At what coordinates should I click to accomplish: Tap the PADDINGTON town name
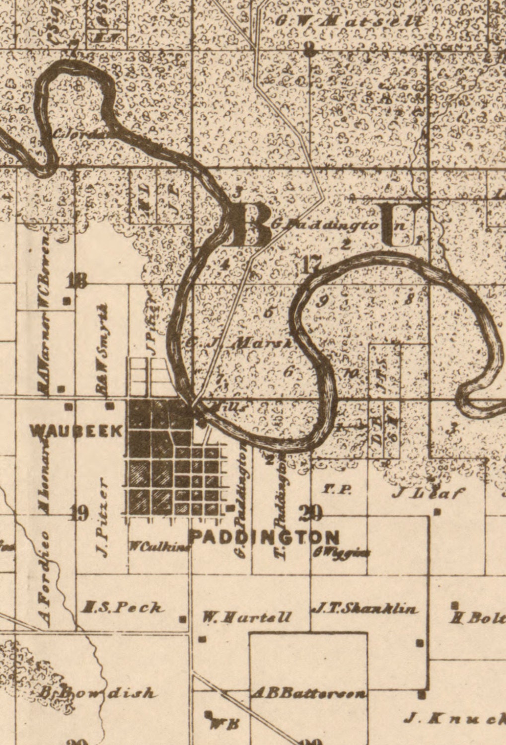point(265,537)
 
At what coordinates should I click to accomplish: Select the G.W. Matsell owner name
point(350,21)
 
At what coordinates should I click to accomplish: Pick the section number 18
point(77,282)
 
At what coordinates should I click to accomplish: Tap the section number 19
point(80,513)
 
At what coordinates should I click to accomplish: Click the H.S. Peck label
point(123,607)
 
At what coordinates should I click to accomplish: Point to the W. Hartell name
point(247,617)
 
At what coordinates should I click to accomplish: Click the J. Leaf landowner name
point(429,492)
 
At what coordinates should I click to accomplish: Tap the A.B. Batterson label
point(309,693)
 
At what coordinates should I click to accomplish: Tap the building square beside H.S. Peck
point(183,619)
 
